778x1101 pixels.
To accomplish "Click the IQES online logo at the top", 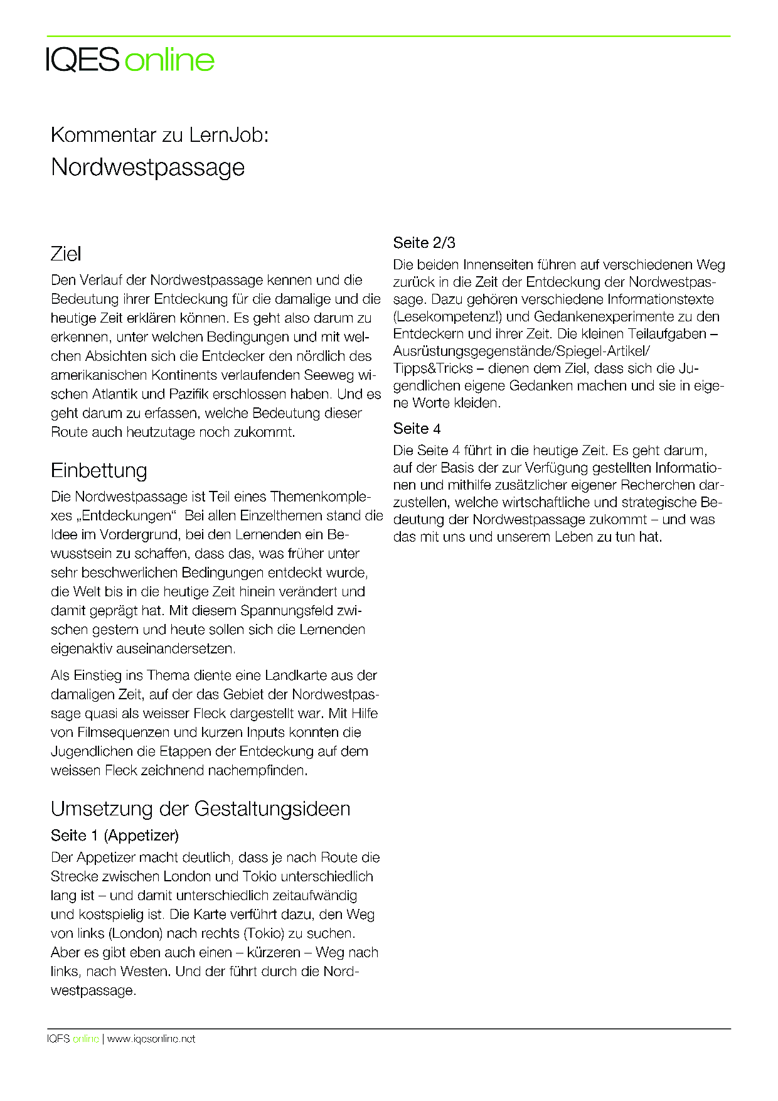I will point(131,60).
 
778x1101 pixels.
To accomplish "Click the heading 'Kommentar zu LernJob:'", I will point(159,135).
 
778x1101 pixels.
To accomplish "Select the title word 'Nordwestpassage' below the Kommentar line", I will point(147,167).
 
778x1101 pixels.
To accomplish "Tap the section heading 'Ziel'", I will point(66,254).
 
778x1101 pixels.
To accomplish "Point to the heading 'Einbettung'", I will point(99,470).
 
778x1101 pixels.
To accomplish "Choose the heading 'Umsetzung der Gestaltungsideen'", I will point(200,808).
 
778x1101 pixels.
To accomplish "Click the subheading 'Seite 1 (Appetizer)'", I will point(115,835).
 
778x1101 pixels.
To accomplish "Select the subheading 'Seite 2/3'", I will point(424,243).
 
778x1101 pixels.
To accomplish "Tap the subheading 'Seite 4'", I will point(417,429).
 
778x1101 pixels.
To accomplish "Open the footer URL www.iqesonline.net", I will point(151,1039).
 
